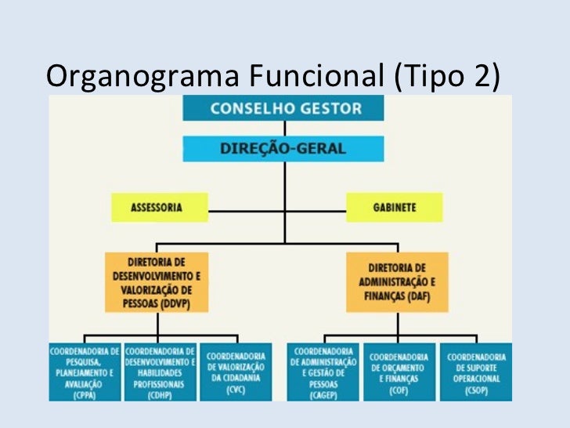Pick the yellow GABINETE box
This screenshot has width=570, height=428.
point(395,208)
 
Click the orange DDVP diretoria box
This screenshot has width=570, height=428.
point(157,277)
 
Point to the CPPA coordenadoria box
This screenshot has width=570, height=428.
point(85,371)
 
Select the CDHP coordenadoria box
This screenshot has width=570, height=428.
point(160,371)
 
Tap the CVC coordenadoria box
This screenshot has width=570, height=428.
point(235,371)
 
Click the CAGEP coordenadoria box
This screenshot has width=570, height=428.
point(322,371)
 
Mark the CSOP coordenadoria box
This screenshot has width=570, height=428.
point(475,371)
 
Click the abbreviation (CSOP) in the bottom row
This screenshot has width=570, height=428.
point(475,391)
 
